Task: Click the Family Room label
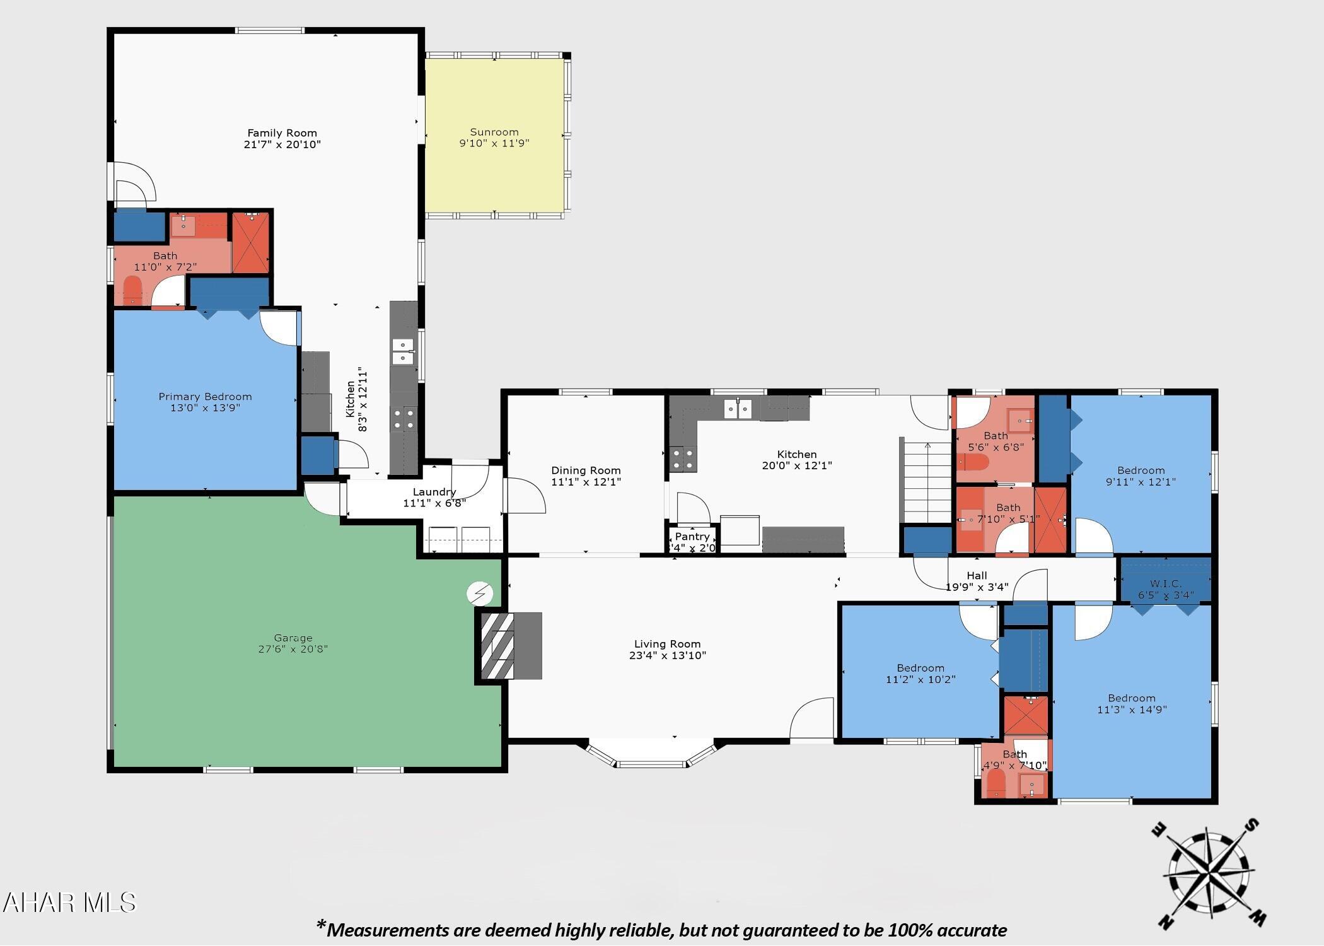pyautogui.click(x=282, y=133)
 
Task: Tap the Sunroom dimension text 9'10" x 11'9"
pyautogui.click(x=494, y=143)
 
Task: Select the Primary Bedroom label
pyautogui.click(x=205, y=397)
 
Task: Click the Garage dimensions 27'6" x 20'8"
pyautogui.click(x=293, y=649)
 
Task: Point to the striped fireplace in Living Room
pyautogui.click(x=497, y=646)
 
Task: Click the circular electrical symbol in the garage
pyautogui.click(x=480, y=593)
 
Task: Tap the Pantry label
pyautogui.click(x=692, y=536)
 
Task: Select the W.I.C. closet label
pyautogui.click(x=1165, y=583)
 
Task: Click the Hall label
pyautogui.click(x=977, y=575)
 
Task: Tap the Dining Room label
pyautogui.click(x=586, y=470)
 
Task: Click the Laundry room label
pyautogui.click(x=434, y=492)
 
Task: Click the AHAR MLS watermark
pyautogui.click(x=69, y=902)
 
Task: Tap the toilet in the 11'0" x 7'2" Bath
pyautogui.click(x=132, y=291)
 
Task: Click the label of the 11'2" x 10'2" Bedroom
pyautogui.click(x=920, y=668)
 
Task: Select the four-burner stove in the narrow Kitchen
pyautogui.click(x=404, y=419)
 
